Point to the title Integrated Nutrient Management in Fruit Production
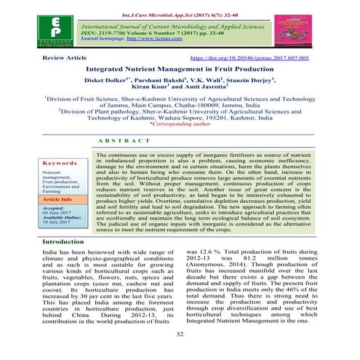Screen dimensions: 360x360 click(179, 68)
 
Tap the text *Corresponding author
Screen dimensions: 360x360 click(179, 144)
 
